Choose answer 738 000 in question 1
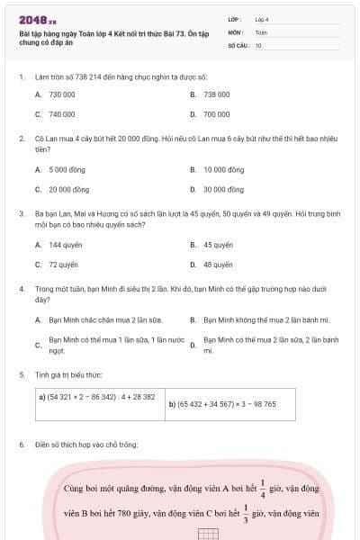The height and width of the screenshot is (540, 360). [216, 94]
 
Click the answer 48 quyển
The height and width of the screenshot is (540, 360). [218, 265]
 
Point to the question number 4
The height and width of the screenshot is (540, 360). [21, 289]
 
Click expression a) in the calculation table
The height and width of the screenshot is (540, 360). [96, 396]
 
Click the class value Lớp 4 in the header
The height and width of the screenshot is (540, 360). [262, 18]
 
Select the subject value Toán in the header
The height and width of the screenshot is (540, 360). [261, 31]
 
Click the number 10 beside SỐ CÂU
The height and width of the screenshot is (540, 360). [258, 44]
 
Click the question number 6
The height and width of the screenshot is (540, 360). [21, 445]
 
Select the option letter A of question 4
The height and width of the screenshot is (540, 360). [39, 319]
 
